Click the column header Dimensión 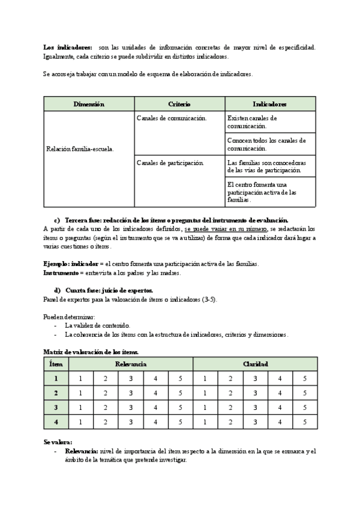89,104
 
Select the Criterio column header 179,104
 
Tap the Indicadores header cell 269,104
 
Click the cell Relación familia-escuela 80,148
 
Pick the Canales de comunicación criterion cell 172,118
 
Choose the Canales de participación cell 170,163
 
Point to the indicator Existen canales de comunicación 253,122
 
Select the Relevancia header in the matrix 131,364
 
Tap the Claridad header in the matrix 255,364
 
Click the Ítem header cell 56,364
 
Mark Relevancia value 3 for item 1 131,379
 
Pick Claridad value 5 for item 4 304,422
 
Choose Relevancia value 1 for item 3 81,408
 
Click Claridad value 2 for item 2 230,393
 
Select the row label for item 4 56,422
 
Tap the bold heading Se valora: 58,442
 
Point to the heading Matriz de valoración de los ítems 91,351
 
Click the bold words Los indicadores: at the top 68,47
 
